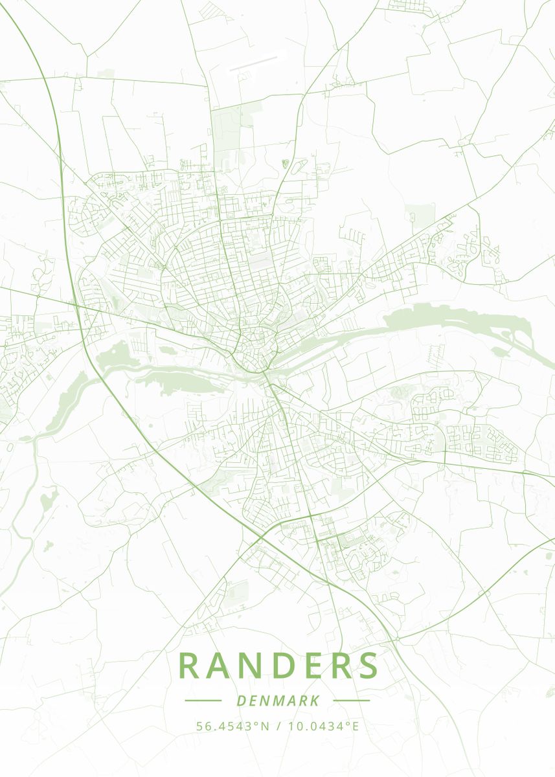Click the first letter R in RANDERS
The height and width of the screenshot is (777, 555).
pos(189,666)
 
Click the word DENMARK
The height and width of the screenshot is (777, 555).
pos(278,701)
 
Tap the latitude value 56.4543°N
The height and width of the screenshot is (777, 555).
pos(232,726)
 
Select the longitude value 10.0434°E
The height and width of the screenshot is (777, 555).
pos(323,726)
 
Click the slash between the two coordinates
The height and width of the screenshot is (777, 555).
pos(278,726)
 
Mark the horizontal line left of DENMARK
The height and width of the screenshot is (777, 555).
pos(203,701)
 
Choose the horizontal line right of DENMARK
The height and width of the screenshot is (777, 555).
pos(352,701)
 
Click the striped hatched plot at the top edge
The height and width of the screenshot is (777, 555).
pos(207,10)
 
